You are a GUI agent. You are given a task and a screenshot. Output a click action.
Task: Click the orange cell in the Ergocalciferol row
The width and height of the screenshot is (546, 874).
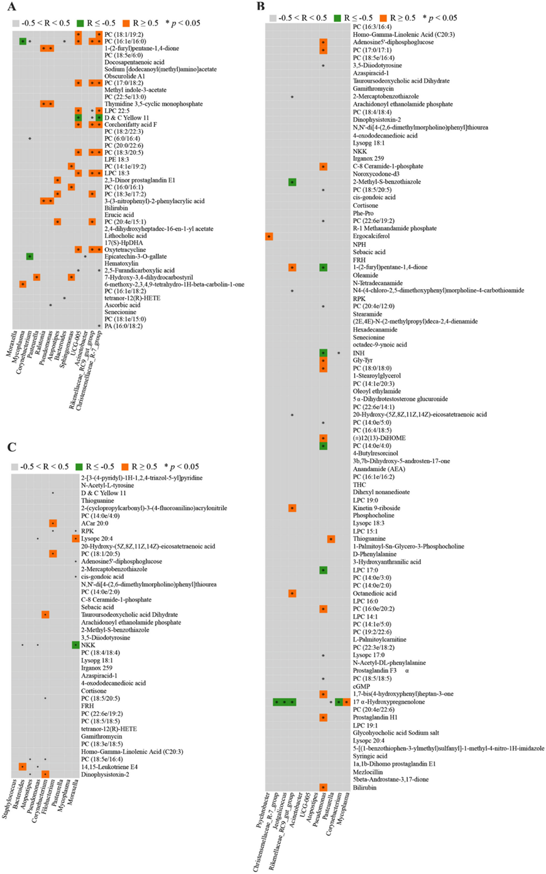269,236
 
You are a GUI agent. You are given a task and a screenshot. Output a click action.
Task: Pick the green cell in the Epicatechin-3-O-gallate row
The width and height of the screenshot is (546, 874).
30,256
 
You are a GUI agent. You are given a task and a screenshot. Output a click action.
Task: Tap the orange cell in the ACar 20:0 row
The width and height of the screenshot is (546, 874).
53,523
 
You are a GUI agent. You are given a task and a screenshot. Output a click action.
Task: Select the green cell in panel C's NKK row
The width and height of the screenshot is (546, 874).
75,645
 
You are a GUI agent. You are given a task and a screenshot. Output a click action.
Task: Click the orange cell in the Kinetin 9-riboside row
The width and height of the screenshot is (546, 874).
292,508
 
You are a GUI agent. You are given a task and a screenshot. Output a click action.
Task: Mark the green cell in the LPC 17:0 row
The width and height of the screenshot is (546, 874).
323,570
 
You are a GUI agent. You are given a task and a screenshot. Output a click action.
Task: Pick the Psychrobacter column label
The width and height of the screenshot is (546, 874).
264,813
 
